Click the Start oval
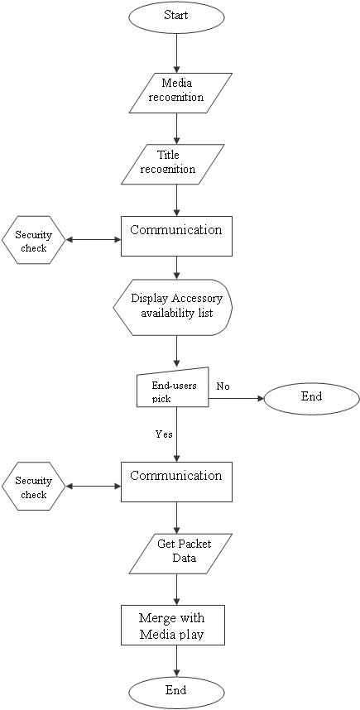coord(176,17)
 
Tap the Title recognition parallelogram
coord(172,164)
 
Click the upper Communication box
coord(176,236)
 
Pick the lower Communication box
coord(176,482)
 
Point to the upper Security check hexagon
coord(33,241)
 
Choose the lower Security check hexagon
coord(33,487)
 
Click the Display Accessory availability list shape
coord(173,308)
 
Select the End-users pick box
coord(172,386)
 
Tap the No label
coord(223,386)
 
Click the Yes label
coord(164,434)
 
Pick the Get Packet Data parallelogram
coord(180,554)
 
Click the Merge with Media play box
coord(172,625)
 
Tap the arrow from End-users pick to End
coord(236,399)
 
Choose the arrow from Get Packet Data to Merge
coord(176,589)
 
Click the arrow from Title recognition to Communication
coord(176,200)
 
